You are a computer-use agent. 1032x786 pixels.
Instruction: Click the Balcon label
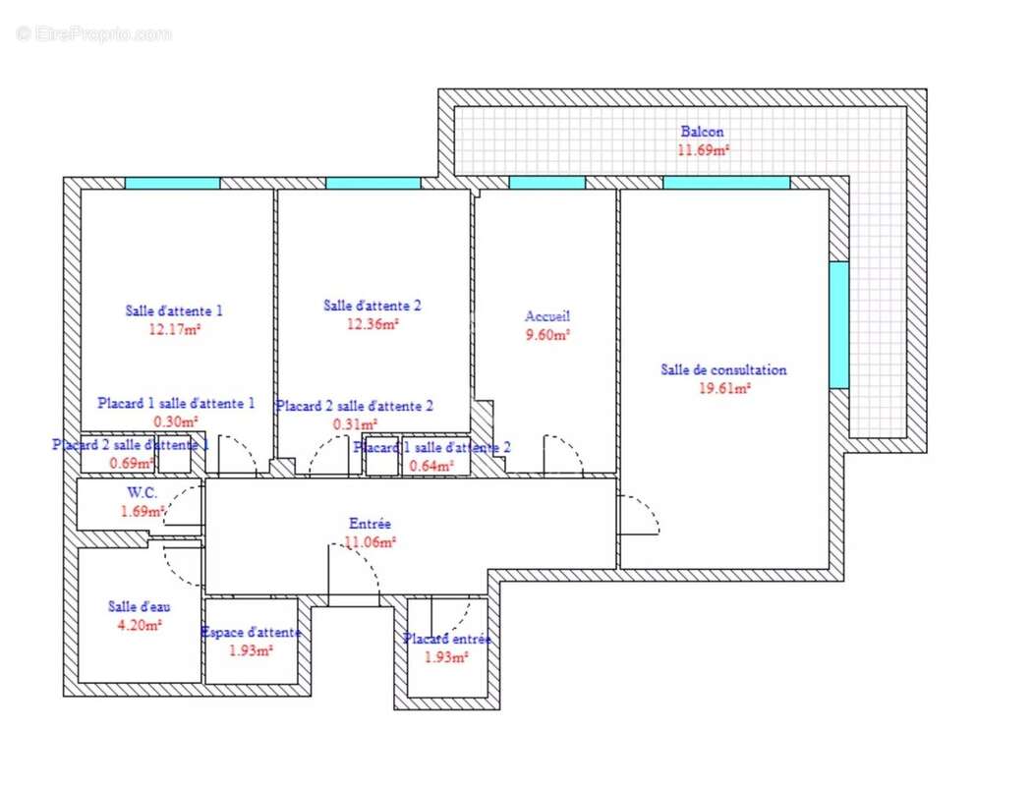702,132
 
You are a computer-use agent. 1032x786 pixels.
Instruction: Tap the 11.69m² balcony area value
702,150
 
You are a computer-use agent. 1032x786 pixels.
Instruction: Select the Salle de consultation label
723,369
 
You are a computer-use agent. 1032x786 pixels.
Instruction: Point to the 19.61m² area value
724,388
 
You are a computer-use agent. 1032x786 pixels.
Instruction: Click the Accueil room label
547,316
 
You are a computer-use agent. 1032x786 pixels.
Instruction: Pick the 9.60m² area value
547,334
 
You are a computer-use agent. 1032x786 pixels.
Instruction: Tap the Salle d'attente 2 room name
372,306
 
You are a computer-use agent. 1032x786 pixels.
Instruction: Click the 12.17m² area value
174,330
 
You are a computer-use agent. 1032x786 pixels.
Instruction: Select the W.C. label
142,492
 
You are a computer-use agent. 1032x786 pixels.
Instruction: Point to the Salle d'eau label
139,606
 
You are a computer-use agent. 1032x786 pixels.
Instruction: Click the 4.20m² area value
139,625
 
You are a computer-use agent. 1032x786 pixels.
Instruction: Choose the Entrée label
370,524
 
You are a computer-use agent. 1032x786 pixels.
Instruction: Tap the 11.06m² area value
370,542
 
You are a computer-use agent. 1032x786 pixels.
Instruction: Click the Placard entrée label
447,639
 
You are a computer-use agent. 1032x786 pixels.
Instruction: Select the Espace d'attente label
251,632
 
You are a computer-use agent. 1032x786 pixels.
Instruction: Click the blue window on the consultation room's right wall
838,324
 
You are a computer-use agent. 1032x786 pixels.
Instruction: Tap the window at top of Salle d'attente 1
172,183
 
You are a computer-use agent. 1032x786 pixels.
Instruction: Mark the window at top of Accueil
546,183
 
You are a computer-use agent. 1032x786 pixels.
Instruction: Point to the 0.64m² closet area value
431,466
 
